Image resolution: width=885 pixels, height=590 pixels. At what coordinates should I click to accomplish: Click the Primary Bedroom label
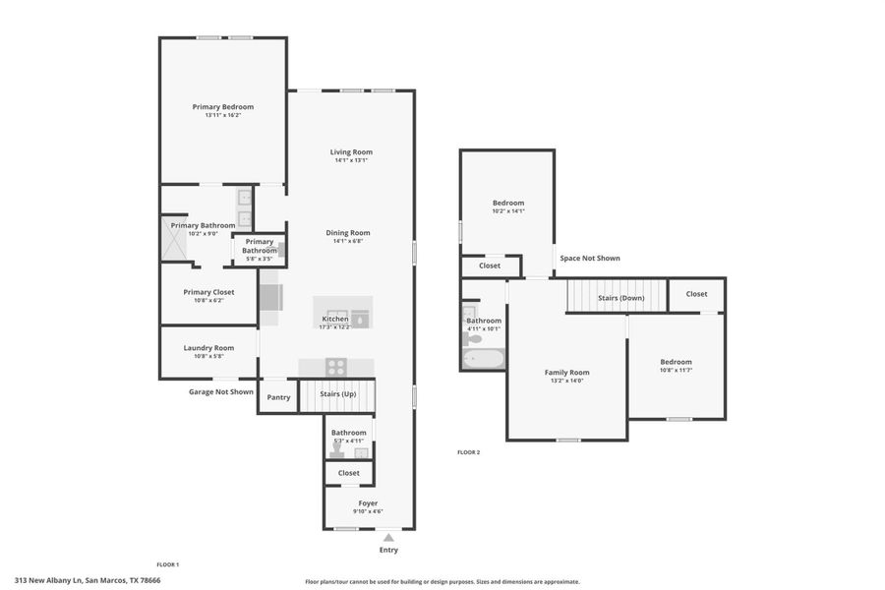[x=223, y=107]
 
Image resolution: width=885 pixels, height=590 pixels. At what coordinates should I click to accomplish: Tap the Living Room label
[x=351, y=152]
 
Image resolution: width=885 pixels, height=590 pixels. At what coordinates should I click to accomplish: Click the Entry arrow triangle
[x=388, y=537]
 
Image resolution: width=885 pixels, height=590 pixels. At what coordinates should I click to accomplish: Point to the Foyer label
[x=368, y=503]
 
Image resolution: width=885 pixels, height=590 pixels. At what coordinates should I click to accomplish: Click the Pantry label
[x=278, y=397]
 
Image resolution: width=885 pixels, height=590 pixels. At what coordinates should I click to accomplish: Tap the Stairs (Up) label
[x=339, y=394]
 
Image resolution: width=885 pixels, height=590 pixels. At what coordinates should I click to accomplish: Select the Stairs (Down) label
[x=620, y=297]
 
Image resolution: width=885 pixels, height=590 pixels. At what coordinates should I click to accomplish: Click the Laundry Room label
[x=208, y=347]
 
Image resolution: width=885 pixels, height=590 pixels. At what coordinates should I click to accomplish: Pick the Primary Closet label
[x=208, y=292]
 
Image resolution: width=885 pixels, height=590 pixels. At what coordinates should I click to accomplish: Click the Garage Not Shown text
[x=221, y=391]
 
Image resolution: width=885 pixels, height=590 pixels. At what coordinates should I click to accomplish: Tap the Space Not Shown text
[x=590, y=259]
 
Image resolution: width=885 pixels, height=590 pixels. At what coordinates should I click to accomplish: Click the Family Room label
[x=566, y=373]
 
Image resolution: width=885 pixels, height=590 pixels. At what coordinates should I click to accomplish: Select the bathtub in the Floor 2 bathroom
[x=483, y=359]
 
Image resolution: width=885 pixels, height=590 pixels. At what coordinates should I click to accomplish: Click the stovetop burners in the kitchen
[x=336, y=367]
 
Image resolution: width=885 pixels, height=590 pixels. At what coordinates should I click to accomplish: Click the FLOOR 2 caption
[x=468, y=452]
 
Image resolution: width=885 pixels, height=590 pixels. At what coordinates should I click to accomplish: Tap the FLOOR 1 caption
[x=168, y=564]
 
